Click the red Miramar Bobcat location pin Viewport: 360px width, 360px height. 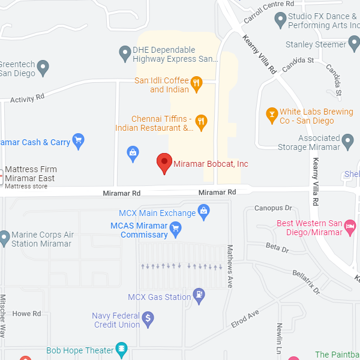pyautogui.click(x=164, y=163)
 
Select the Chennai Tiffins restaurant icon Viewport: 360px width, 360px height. pyautogui.click(x=201, y=122)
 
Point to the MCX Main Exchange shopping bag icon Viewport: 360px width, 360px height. pyautogui.click(x=204, y=212)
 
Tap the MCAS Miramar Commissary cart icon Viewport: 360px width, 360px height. pyautogui.click(x=175, y=228)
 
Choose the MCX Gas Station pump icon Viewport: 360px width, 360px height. pyautogui.click(x=199, y=295)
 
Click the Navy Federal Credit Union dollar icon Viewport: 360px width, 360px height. pyautogui.click(x=148, y=319)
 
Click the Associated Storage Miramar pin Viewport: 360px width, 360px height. pyautogui.click(x=349, y=143)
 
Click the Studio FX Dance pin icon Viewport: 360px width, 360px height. pyautogui.click(x=280, y=20)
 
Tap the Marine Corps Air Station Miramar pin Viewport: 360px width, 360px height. pyautogui.click(x=4, y=238)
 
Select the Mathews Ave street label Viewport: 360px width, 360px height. pyautogui.click(x=229, y=266)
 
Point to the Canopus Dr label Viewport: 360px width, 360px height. pyautogui.click(x=273, y=208)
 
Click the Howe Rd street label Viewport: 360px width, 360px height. pyautogui.click(x=26, y=314)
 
